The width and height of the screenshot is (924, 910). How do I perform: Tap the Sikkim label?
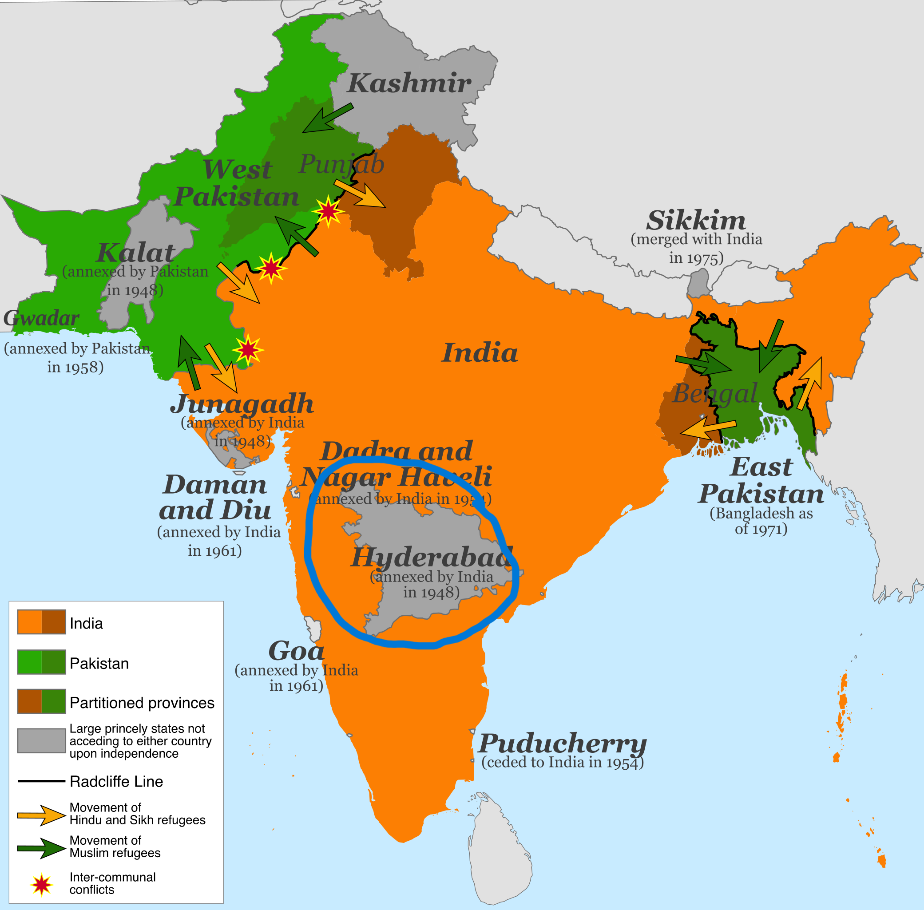point(696,220)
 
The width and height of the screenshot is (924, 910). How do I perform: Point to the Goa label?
point(296,650)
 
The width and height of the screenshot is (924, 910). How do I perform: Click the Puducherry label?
point(562,743)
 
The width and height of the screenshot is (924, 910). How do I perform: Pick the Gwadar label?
point(41,318)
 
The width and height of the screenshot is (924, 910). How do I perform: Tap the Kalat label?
point(136,252)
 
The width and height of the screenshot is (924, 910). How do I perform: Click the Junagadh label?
point(242,404)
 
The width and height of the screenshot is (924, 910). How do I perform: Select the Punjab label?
point(341,164)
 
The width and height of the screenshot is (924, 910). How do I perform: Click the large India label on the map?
point(480,353)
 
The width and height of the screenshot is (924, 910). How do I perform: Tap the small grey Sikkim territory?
point(699,283)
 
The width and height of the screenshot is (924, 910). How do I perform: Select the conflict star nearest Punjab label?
point(328,211)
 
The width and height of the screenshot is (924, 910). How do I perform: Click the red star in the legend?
point(42,884)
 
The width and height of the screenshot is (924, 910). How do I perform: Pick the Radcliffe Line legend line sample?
point(41,781)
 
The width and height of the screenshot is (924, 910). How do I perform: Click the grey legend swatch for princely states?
point(41,740)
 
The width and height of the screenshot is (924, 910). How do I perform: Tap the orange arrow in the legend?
point(41,815)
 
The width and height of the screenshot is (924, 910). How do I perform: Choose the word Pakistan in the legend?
point(99,663)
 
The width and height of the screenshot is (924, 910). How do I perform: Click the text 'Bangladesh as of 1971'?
point(761,521)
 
